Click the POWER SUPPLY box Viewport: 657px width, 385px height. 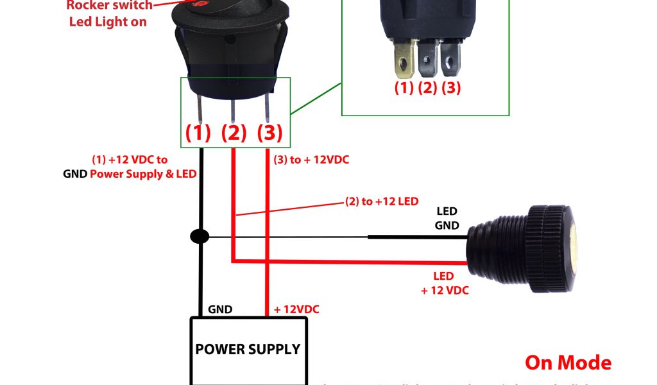[x=247, y=350]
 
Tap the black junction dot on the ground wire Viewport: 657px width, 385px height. [x=200, y=237]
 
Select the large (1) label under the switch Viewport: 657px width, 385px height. [x=198, y=133]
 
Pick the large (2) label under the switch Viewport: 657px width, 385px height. [x=234, y=133]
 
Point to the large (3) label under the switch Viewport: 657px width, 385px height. [x=269, y=133]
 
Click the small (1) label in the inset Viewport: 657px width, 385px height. [x=404, y=88]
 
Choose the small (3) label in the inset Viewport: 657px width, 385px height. [x=450, y=88]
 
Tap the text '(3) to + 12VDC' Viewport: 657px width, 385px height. [x=311, y=160]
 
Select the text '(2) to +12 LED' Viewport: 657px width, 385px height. [x=382, y=201]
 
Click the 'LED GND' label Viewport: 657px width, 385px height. [x=447, y=218]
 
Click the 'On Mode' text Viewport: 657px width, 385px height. [x=568, y=363]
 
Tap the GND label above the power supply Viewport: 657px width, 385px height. [x=220, y=309]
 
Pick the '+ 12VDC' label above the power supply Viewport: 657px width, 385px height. [x=296, y=309]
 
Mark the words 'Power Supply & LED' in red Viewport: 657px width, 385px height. [x=144, y=174]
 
